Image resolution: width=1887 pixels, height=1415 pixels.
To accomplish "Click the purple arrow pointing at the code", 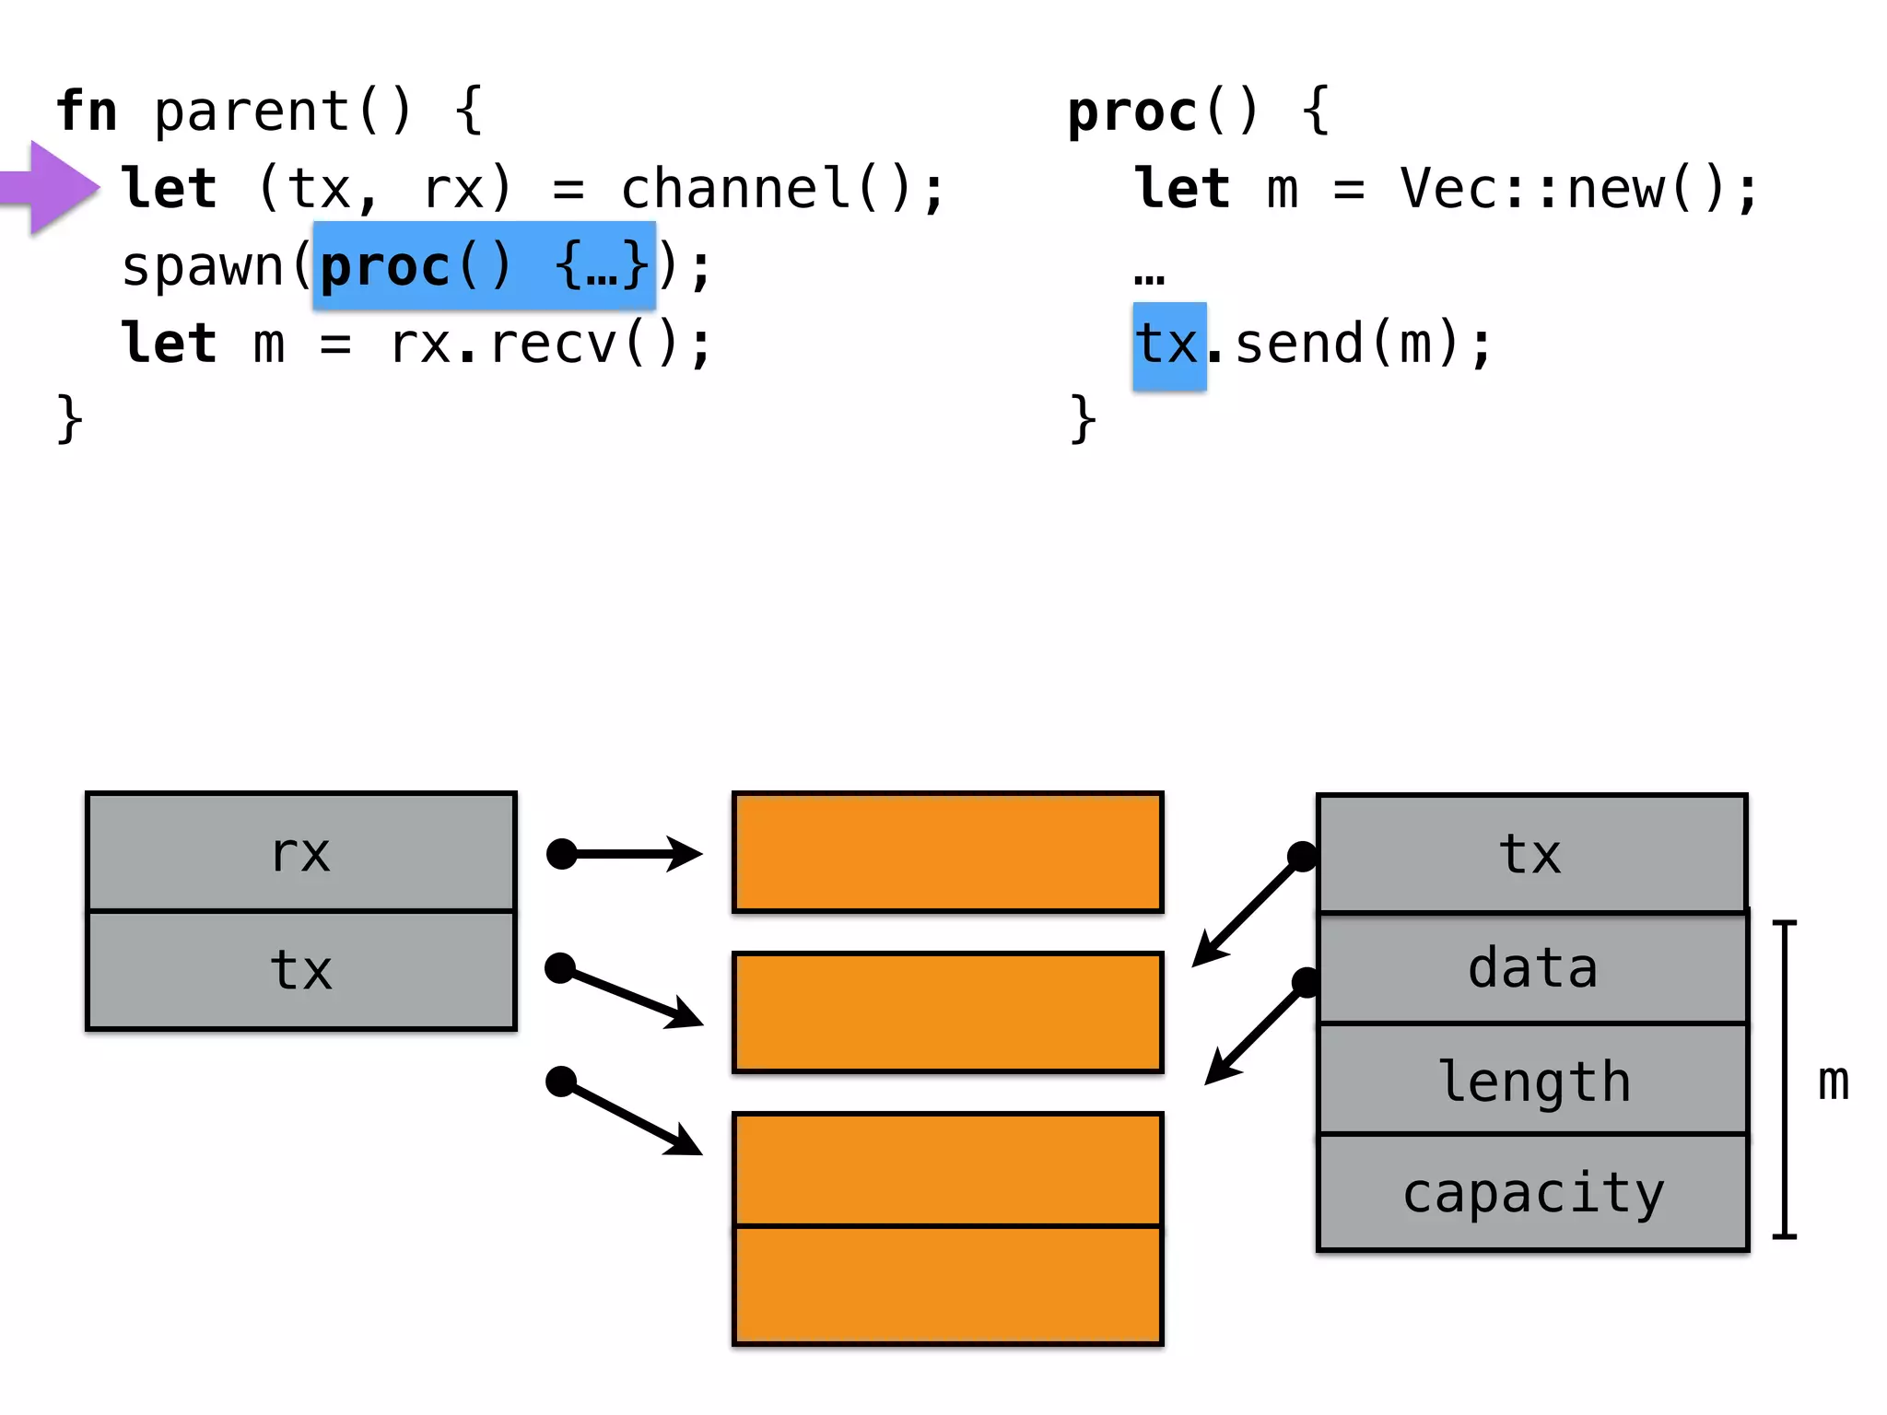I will [x=51, y=188].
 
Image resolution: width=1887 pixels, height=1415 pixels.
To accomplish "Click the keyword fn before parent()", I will [x=87, y=111].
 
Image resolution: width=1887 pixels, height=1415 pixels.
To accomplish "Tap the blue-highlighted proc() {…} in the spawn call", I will [x=484, y=266].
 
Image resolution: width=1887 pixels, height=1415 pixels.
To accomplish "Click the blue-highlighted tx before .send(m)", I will [x=1168, y=345].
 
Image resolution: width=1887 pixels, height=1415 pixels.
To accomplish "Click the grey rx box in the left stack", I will [x=300, y=852].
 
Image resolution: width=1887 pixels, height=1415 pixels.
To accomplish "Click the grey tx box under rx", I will [x=300, y=970].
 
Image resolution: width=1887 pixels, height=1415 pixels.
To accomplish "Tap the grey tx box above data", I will [x=1530, y=854].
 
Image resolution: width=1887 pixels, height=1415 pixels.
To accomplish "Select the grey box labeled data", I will [x=1532, y=968].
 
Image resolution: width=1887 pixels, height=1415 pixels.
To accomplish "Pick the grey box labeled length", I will [x=1532, y=1080].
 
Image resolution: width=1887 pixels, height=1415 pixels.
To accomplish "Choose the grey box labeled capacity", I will [x=1532, y=1193].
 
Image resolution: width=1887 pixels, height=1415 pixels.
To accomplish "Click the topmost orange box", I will [x=947, y=852].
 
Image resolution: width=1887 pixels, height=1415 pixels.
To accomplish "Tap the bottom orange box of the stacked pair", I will [x=947, y=1285].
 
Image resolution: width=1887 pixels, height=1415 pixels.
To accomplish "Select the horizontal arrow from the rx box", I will [x=627, y=854].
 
